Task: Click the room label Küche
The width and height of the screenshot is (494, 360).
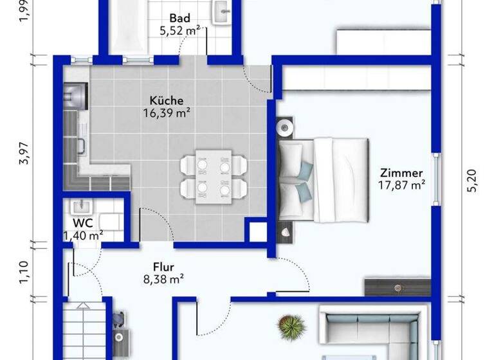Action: point(167,100)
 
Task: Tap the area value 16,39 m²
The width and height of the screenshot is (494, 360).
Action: point(169,113)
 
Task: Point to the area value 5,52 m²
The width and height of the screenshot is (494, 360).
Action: point(180,30)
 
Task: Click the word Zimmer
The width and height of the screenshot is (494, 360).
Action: point(401,173)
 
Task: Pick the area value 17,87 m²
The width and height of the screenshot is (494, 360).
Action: point(402,185)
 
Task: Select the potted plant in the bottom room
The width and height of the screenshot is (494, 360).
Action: point(291,325)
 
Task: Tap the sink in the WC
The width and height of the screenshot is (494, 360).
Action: point(82,207)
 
